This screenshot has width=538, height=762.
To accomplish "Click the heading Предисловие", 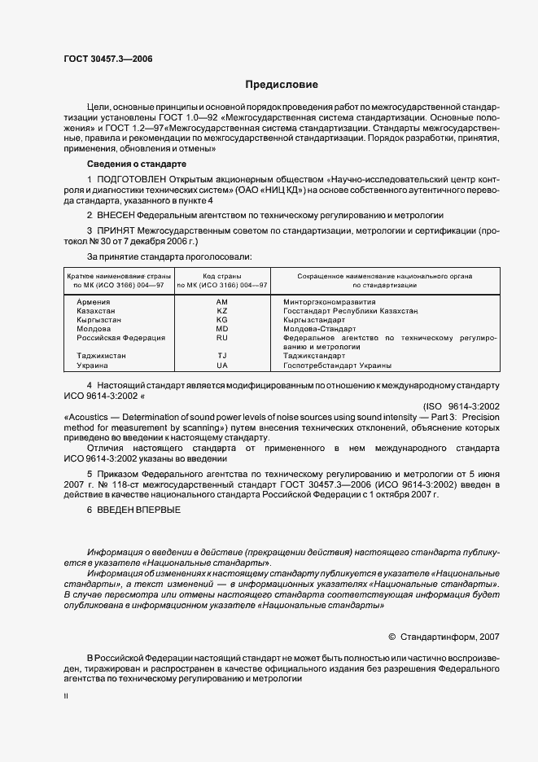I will (x=282, y=85).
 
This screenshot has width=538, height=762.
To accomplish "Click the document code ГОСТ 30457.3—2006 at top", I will (x=107, y=59).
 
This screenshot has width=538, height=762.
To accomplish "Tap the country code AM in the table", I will (x=222, y=301).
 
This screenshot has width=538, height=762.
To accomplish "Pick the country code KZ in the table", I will (x=222, y=310).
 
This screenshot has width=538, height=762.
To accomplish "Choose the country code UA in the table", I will (x=222, y=366).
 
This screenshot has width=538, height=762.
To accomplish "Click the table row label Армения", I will (x=94, y=301).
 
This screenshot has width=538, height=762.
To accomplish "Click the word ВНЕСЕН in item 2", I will (x=115, y=215).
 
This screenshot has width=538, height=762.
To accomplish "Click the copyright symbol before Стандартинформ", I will (x=391, y=637).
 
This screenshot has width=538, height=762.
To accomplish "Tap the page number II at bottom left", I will (x=66, y=697).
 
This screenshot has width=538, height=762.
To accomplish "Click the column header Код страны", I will (x=222, y=277).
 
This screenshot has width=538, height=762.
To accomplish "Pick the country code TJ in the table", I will (x=222, y=356).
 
